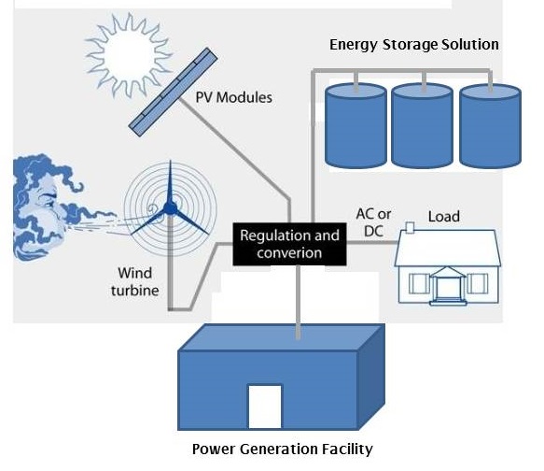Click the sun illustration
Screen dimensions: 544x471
click(x=129, y=55)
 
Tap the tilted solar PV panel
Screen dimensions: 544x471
click(x=173, y=92)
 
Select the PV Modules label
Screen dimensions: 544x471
click(x=234, y=97)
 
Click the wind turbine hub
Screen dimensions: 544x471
click(x=170, y=208)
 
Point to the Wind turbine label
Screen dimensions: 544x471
click(x=135, y=281)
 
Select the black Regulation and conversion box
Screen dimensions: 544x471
click(x=289, y=244)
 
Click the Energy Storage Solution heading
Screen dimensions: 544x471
click(x=414, y=45)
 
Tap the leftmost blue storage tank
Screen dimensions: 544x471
click(x=356, y=126)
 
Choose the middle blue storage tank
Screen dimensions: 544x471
click(x=422, y=126)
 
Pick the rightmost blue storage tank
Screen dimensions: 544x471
click(x=490, y=126)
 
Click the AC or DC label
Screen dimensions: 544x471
click(x=373, y=222)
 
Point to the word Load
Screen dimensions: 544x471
click(x=444, y=217)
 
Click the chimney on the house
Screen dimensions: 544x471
click(x=410, y=227)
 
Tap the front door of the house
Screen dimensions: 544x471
click(x=448, y=288)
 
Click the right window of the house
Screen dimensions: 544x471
click(x=478, y=283)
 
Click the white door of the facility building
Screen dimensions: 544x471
click(x=265, y=407)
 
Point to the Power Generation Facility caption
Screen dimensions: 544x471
click(x=283, y=449)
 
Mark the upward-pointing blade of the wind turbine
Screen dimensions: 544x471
click(x=170, y=182)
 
